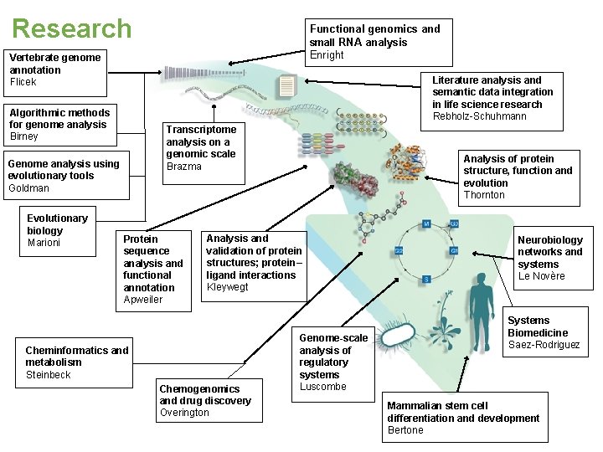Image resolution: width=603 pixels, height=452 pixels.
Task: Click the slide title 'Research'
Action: tap(72, 28)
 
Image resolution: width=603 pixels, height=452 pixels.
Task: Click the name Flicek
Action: tap(23, 82)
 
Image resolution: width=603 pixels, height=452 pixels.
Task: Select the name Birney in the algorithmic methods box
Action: tap(23, 136)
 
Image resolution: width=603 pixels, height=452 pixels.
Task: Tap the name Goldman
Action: tap(28, 188)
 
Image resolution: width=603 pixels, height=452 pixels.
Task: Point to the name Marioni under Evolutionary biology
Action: tap(44, 243)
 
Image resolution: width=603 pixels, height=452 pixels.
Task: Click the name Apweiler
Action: tap(143, 300)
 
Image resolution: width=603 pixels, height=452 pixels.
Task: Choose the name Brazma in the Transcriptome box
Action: tap(184, 167)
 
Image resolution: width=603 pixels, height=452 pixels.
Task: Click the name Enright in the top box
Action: tap(327, 55)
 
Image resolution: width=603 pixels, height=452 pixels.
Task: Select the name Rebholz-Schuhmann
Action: tap(480, 116)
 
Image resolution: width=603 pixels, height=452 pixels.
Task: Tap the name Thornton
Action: tap(484, 195)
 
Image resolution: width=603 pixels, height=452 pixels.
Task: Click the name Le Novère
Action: tap(541, 276)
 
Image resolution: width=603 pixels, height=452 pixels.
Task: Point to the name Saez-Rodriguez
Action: tap(544, 345)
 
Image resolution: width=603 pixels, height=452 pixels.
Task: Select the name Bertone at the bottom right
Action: tap(405, 430)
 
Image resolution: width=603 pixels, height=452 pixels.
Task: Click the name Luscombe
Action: tap(322, 387)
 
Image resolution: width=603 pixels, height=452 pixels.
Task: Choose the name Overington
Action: tap(184, 413)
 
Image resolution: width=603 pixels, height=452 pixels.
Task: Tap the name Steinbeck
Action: tap(48, 375)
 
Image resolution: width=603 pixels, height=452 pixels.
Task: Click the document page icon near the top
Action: tap(287, 85)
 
